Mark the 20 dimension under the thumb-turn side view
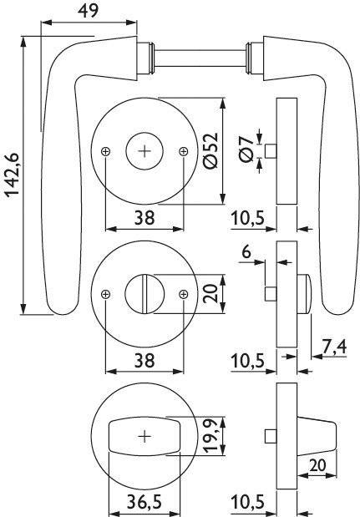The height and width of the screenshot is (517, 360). click(x=317, y=465)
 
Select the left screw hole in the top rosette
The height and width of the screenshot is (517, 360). click(x=105, y=151)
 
